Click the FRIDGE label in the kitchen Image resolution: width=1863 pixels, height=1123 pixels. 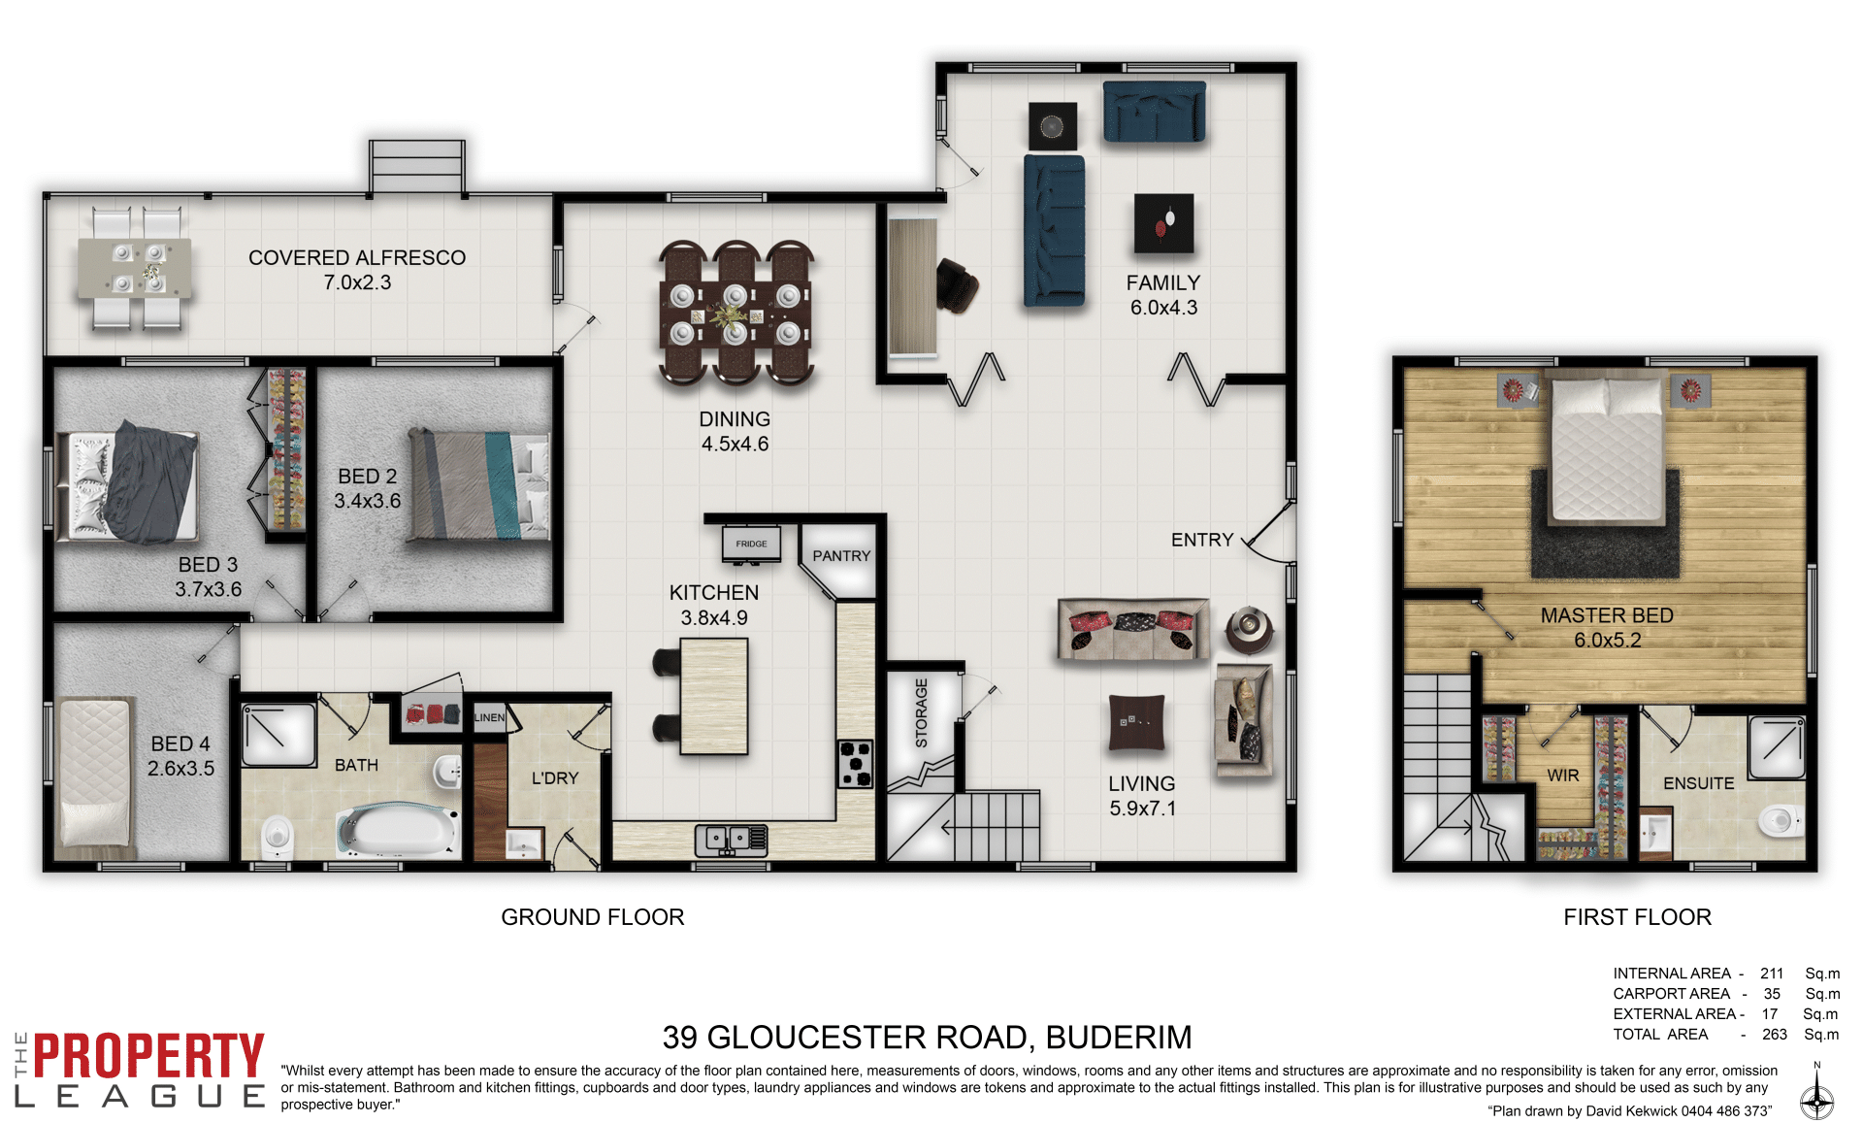pyautogui.click(x=751, y=544)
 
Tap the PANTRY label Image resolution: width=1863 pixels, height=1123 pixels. pyautogui.click(x=841, y=556)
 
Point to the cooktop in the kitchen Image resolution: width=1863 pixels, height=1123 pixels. pyautogui.click(x=856, y=763)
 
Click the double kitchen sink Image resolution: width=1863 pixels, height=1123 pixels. pyautogui.click(x=731, y=839)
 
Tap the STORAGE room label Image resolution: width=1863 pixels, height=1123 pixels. pyautogui.click(x=922, y=712)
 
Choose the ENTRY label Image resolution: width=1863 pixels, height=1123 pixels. pyautogui.click(x=1202, y=540)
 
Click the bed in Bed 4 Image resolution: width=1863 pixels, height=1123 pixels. pyautogui.click(x=94, y=773)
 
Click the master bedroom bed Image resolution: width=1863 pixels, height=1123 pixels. pyautogui.click(x=1607, y=448)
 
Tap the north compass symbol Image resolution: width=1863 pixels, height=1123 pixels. pyautogui.click(x=1816, y=1093)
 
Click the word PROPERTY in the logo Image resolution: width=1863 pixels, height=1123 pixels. pyautogui.click(x=148, y=1056)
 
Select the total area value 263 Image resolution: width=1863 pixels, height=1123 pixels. pyautogui.click(x=1775, y=1035)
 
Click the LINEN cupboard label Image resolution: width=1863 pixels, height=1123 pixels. pyautogui.click(x=490, y=718)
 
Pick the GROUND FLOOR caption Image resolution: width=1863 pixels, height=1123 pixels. pyautogui.click(x=593, y=917)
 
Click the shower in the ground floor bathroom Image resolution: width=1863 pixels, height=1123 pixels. pyautogui.click(x=278, y=735)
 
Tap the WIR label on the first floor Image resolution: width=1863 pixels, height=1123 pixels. pyautogui.click(x=1563, y=776)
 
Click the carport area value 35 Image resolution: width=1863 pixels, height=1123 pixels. pyautogui.click(x=1772, y=994)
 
